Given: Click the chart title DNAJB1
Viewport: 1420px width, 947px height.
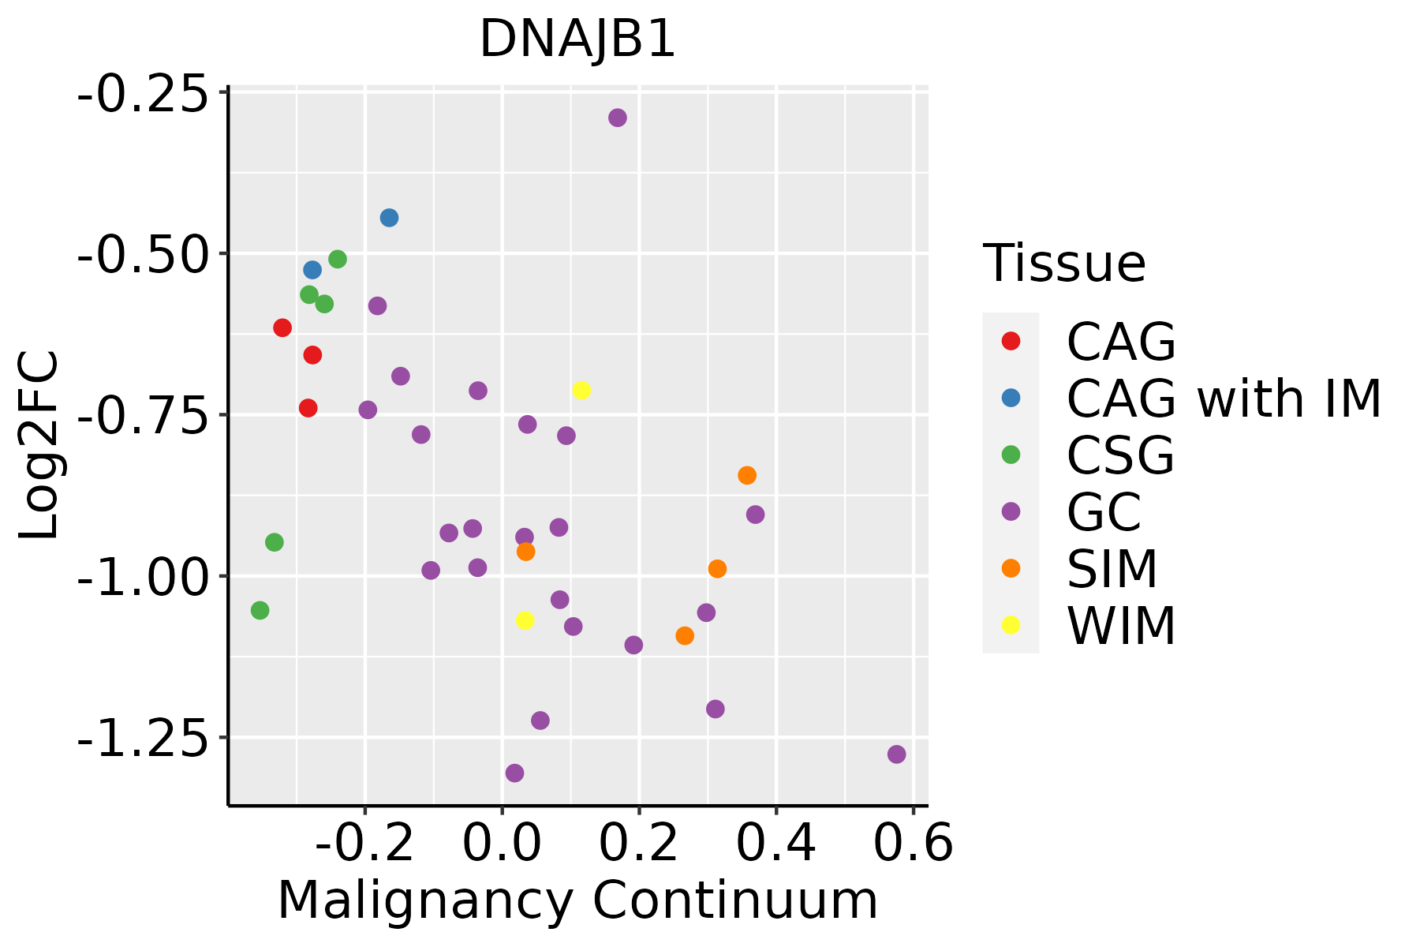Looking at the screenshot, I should point(577,39).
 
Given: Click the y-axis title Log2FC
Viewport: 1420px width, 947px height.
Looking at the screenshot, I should point(39,446).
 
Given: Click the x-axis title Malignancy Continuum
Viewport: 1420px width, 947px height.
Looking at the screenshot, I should point(577,900).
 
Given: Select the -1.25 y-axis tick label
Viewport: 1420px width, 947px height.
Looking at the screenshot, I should point(148,738).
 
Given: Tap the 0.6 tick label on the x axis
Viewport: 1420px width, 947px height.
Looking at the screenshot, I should point(913,844).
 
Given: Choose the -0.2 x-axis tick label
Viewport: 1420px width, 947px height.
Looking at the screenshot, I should point(364,844).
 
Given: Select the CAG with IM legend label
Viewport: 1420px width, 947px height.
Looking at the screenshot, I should point(1224,399).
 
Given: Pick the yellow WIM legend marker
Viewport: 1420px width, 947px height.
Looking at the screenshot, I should point(1011,625).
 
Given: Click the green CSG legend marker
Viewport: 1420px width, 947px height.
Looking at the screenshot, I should point(1011,455).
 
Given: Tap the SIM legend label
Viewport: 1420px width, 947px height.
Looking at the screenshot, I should point(1112,568).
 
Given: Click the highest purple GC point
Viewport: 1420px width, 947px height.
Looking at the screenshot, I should point(618,118).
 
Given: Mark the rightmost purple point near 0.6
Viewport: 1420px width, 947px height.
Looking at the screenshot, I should point(896,754).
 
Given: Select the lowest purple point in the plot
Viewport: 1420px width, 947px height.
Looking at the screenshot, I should point(514,773).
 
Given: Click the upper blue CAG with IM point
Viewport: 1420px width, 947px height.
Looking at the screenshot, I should point(389,218).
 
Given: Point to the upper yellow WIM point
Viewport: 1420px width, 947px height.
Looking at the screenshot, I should point(581,390).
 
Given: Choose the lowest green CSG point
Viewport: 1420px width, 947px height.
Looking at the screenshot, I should point(260,610).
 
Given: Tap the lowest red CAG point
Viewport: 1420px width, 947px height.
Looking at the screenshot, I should point(308,408).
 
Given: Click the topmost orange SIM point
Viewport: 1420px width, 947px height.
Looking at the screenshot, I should point(747,475).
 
